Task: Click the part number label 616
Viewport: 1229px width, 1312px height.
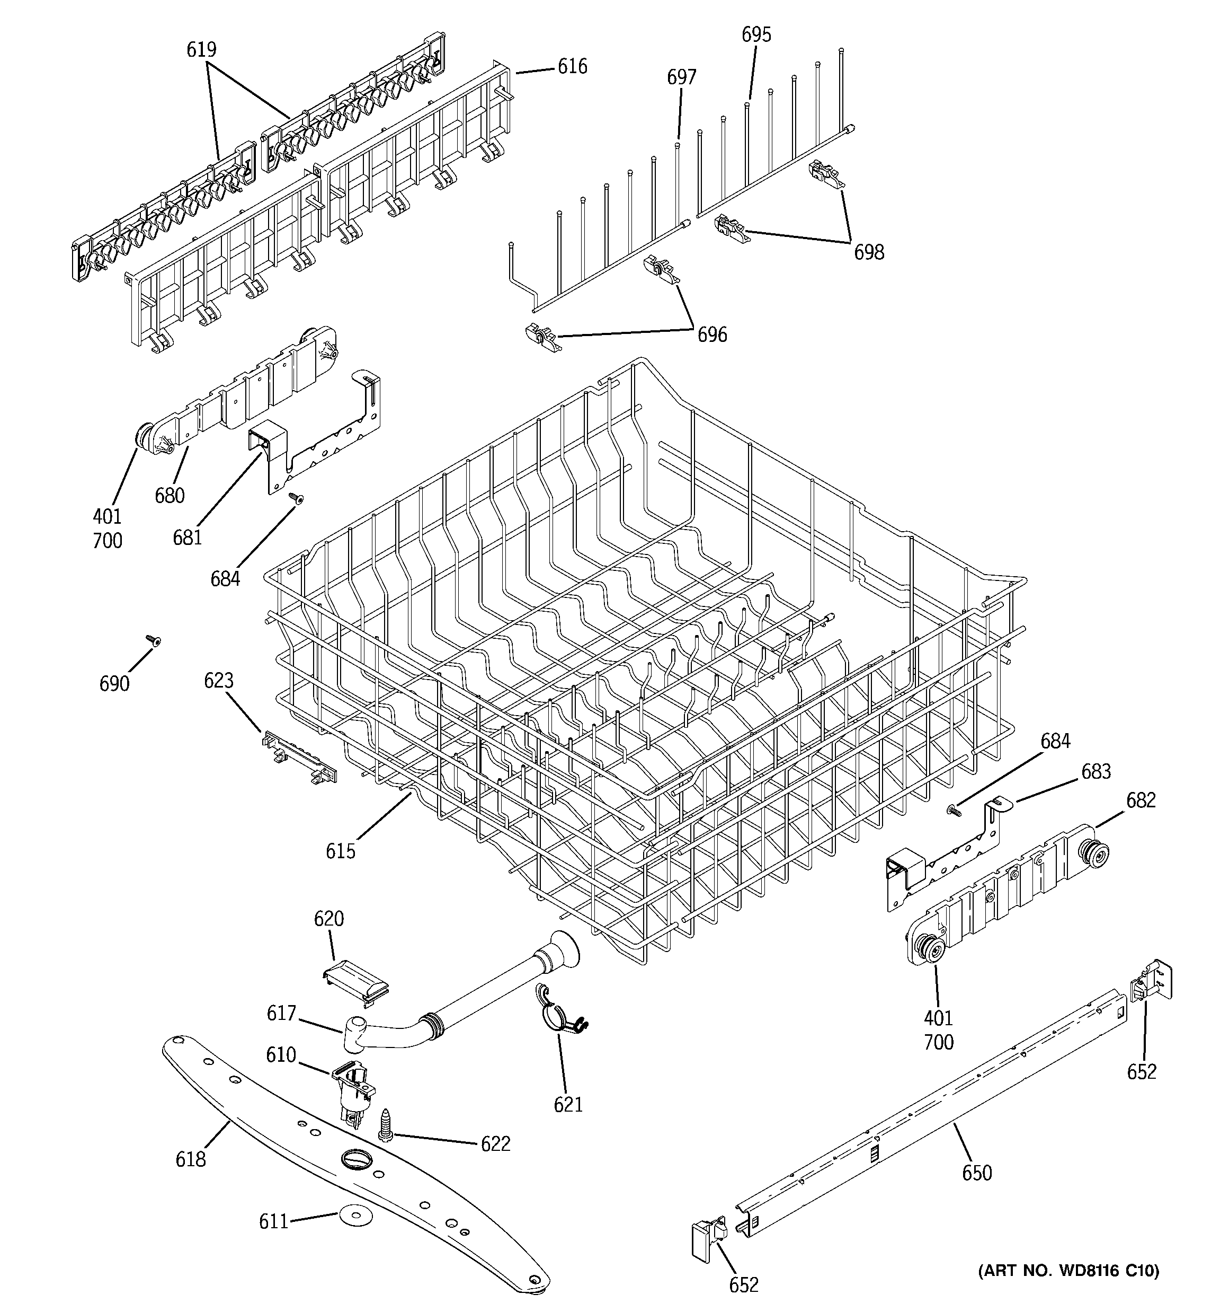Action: click(572, 67)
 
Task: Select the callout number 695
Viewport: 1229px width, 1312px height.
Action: click(756, 35)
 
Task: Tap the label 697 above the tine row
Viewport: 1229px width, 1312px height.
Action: click(681, 77)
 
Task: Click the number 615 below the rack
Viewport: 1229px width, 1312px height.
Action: click(341, 851)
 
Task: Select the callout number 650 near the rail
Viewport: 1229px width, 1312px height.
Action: click(976, 1173)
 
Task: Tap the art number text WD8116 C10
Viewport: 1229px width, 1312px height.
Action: click(1068, 1270)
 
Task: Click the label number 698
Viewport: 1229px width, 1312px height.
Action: click(869, 252)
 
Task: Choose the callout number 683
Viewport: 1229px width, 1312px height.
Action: click(1096, 771)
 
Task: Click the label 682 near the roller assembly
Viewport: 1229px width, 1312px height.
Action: click(1141, 800)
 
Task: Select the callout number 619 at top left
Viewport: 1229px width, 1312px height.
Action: click(201, 49)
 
